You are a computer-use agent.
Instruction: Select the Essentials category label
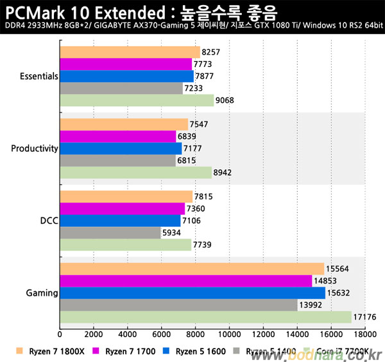(x=39, y=76)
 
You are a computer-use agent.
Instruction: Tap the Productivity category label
(x=35, y=149)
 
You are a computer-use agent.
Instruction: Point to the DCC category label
(x=49, y=221)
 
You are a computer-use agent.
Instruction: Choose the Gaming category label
(x=42, y=293)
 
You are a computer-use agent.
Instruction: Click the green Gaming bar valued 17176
(x=205, y=317)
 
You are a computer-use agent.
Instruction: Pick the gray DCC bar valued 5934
(x=110, y=233)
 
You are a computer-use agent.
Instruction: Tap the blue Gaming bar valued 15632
(x=192, y=293)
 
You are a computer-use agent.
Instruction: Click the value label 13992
(x=311, y=305)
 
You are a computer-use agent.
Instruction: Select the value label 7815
(x=203, y=197)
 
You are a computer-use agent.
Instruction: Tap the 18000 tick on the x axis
(x=364, y=334)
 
